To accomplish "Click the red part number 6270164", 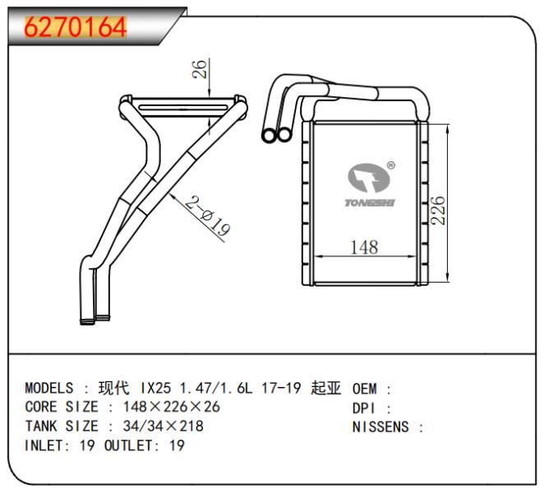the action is click(x=76, y=27).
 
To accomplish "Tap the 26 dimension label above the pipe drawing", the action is click(x=200, y=69).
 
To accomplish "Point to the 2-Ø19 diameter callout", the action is click(x=208, y=216).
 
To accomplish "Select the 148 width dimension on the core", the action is click(x=364, y=247).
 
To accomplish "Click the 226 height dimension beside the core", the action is click(x=438, y=210).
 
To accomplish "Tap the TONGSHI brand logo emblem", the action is click(x=369, y=177).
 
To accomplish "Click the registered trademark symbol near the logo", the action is click(x=391, y=165).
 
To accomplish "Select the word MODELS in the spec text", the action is click(x=49, y=388).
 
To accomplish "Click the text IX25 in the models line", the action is click(x=156, y=388).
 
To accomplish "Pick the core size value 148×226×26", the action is click(x=171, y=407).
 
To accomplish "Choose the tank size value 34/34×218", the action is click(x=164, y=426).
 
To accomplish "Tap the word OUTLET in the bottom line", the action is click(x=128, y=445).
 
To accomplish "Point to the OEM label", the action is click(x=365, y=389).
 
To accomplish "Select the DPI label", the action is click(x=363, y=408).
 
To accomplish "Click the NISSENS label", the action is click(x=381, y=427).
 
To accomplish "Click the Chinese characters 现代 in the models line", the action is click(x=113, y=388).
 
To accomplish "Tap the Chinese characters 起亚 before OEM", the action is click(x=325, y=388).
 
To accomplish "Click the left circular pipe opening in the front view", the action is click(x=270, y=135).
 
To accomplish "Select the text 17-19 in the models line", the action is click(x=281, y=388).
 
